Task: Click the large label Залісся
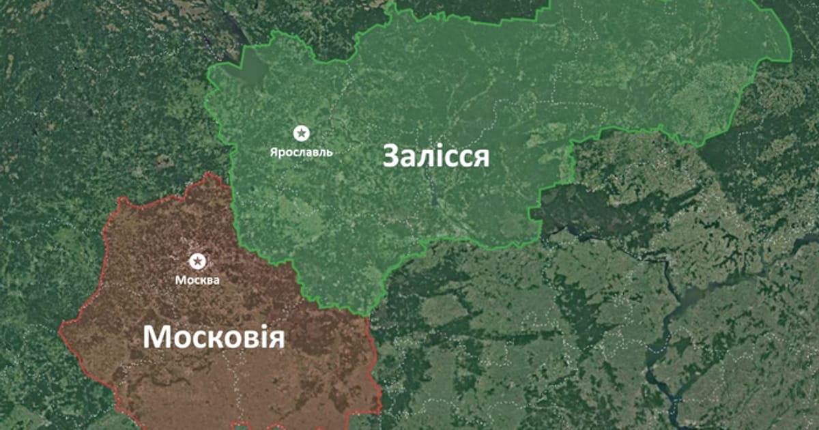point(435,156)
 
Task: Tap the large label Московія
point(214,336)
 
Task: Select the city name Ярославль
point(300,152)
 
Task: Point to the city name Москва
point(197,280)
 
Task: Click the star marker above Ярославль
point(300,132)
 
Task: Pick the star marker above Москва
point(197,261)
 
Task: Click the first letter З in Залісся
point(390,156)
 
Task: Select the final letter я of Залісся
point(481,158)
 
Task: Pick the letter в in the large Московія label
point(240,339)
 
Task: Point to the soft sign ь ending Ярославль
point(330,152)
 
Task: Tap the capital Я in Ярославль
point(273,152)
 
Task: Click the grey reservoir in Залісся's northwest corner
point(249,68)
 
